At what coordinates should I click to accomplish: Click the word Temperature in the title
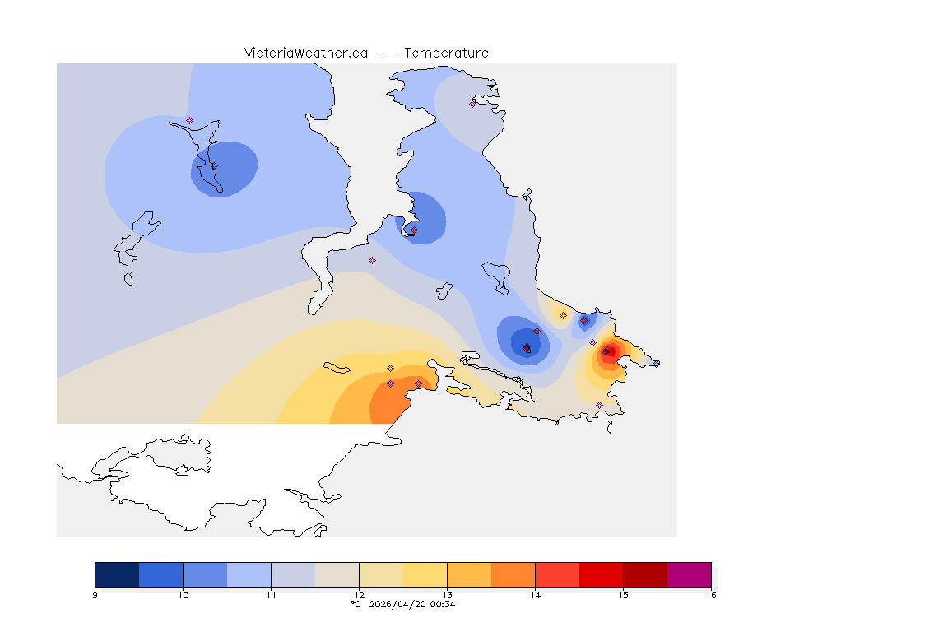446,53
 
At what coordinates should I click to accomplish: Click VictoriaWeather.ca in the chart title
305,53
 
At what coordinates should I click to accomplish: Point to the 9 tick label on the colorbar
95,594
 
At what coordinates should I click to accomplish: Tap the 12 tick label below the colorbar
359,594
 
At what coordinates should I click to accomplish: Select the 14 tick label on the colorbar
535,594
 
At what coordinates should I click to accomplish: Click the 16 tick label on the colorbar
710,594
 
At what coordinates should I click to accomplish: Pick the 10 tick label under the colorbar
183,594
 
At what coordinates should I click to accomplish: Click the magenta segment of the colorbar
689,574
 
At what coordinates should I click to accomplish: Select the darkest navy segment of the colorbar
117,574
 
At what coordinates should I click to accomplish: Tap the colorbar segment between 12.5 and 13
425,574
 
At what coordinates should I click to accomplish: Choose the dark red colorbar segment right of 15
644,574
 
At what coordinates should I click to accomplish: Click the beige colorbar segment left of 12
337,574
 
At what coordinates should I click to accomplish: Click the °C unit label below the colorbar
355,604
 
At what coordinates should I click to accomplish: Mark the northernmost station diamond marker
472,104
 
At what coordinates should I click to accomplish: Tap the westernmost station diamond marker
189,120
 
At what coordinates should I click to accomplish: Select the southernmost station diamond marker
599,405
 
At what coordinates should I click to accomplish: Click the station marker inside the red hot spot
606,352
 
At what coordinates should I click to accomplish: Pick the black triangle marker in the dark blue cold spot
527,346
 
